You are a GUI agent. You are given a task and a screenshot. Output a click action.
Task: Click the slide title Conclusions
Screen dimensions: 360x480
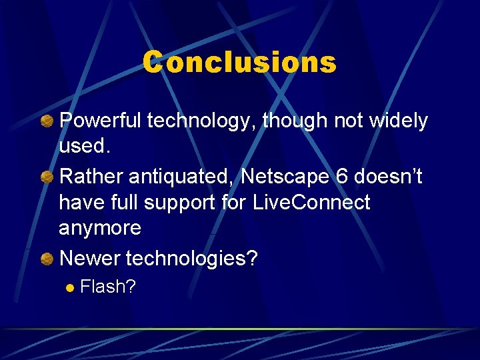click(239, 63)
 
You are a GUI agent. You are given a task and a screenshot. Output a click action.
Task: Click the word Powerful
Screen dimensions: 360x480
click(101, 121)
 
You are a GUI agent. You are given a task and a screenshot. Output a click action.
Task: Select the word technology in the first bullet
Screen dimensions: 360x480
click(202, 121)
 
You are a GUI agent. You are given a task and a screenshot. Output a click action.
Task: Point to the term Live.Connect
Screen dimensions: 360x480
click(311, 202)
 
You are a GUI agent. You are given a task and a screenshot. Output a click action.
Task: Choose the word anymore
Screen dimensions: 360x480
click(100, 228)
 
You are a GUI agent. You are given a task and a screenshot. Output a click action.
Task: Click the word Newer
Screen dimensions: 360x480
click(90, 258)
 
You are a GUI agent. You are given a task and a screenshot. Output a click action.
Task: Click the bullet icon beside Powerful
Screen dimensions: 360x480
click(47, 122)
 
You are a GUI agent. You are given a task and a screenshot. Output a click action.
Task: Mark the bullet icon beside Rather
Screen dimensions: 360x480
click(47, 178)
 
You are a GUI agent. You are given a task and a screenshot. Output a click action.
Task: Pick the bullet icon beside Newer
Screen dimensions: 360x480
click(47, 259)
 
